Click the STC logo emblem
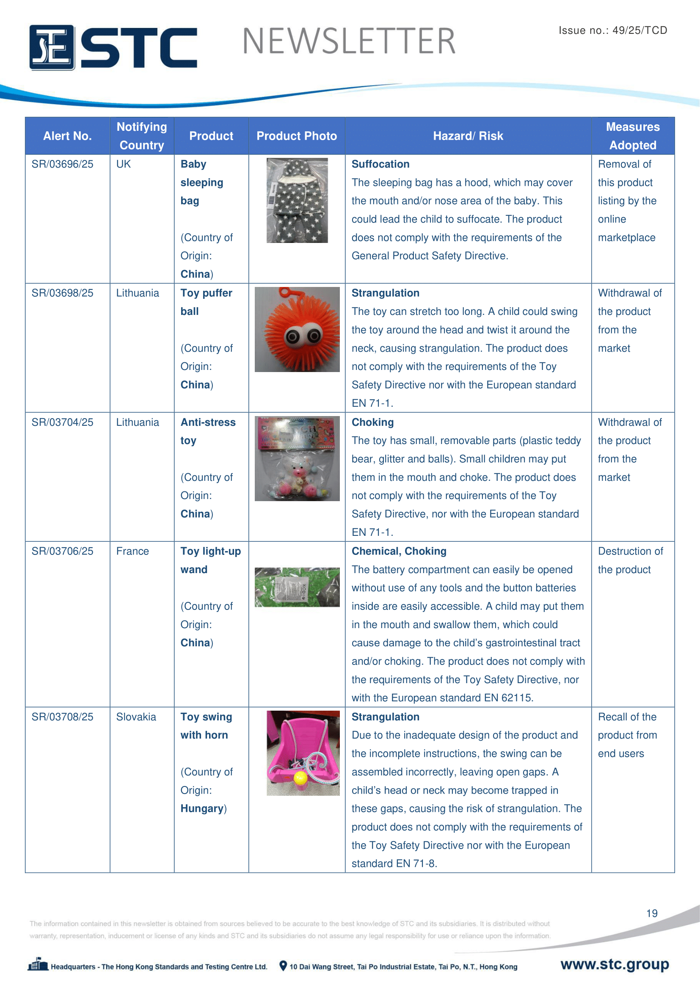tap(52, 47)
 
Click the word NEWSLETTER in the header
tap(349, 41)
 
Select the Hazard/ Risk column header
tap(468, 136)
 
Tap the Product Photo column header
tap(297, 136)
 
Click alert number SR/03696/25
tap(63, 164)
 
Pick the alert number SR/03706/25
tap(63, 551)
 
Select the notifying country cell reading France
tap(132, 551)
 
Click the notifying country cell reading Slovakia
tap(136, 717)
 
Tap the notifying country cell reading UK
tap(123, 164)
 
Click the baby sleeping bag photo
tap(297, 200)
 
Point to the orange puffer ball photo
tap(297, 329)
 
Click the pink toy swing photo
tap(303, 753)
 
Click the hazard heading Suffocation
tap(380, 164)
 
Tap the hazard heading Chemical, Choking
tap(399, 551)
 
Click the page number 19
tap(652, 913)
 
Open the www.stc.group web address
tap(614, 964)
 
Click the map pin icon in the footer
tap(283, 966)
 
